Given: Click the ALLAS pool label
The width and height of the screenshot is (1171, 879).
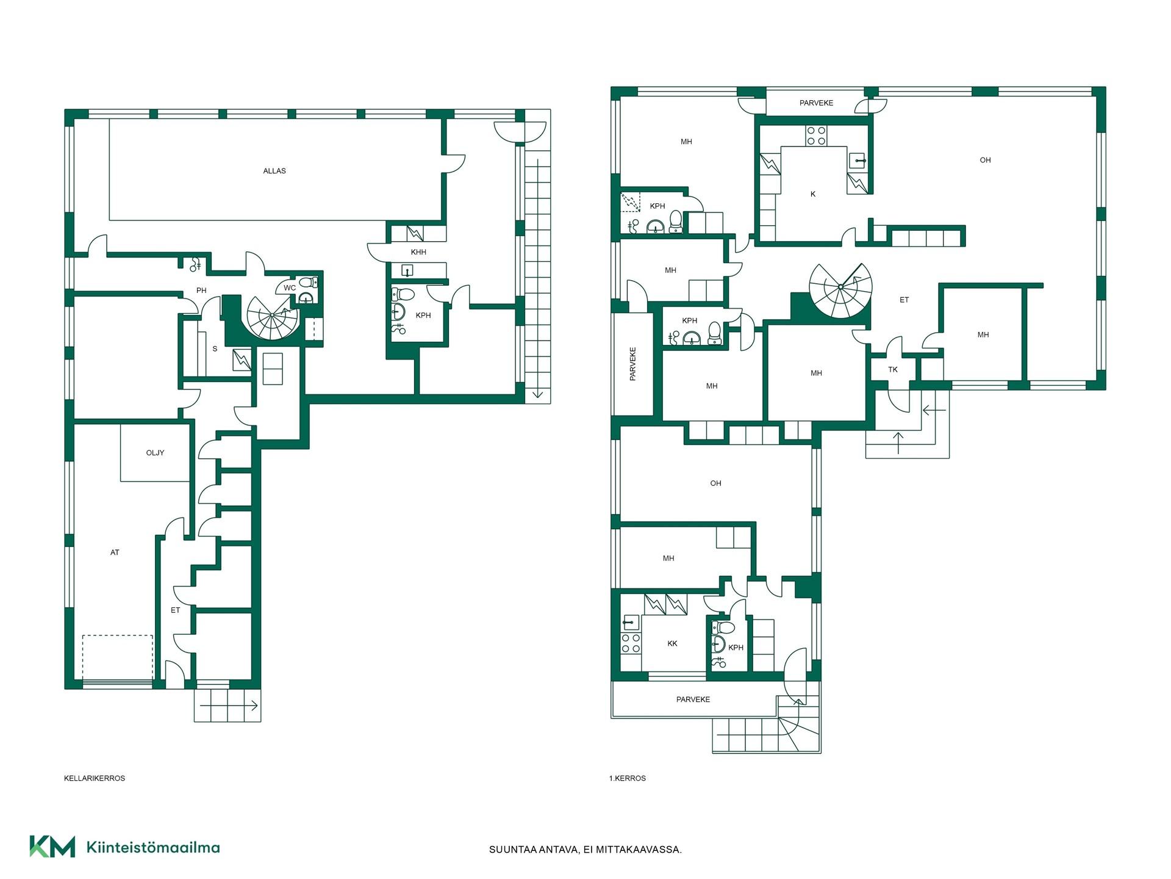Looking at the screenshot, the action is click(x=274, y=171).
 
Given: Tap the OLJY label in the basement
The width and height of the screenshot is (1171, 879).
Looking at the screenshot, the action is click(x=155, y=453).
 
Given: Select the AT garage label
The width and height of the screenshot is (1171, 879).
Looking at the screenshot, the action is click(x=115, y=552).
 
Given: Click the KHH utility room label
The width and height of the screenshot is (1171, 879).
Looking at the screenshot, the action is click(x=418, y=252).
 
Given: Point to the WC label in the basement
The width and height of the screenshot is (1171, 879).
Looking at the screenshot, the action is click(x=290, y=288).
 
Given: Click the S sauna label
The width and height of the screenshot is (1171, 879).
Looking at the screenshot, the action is click(x=215, y=349).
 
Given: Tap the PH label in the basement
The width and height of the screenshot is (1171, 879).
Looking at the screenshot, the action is click(x=201, y=291).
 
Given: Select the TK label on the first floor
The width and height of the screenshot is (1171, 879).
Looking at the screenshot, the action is click(x=893, y=369).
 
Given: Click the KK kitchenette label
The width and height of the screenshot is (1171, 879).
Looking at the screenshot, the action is click(x=672, y=643).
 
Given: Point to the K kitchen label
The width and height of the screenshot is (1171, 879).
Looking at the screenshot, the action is click(x=813, y=194).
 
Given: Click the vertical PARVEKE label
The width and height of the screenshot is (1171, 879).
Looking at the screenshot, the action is click(x=632, y=364).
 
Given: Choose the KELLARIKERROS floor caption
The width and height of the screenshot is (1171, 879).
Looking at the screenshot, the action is click(x=95, y=778).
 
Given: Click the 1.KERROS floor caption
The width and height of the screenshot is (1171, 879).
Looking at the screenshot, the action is click(x=628, y=778).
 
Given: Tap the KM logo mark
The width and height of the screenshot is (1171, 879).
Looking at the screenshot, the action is click(x=52, y=847).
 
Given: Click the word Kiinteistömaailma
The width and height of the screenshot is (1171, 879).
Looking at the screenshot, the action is click(x=153, y=847).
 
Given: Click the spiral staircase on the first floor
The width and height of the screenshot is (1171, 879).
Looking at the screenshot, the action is click(x=840, y=291).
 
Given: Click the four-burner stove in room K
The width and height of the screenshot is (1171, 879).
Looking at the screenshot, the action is click(x=817, y=136).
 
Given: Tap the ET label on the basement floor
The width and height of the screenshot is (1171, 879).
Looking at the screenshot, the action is click(x=176, y=610).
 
